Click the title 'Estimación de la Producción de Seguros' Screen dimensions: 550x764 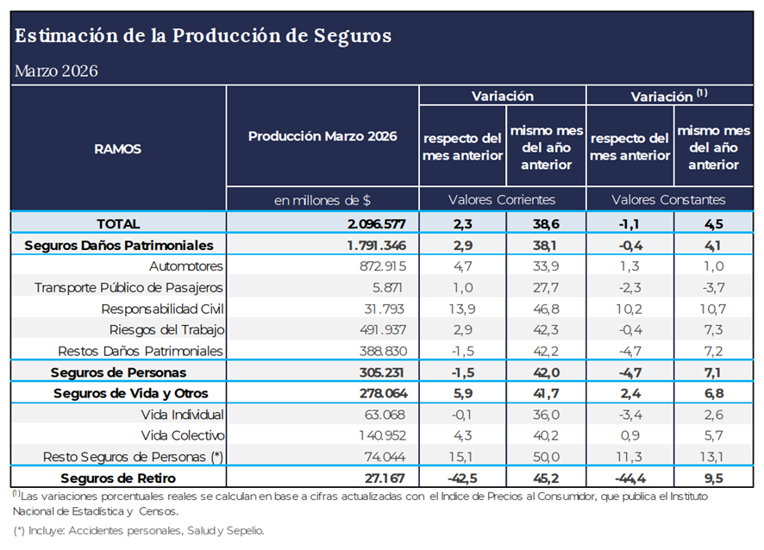(203, 36)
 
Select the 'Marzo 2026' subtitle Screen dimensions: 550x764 (56, 71)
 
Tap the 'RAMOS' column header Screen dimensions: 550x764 (118, 148)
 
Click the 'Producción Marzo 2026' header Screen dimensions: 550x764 (323, 136)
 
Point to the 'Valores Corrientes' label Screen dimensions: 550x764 (502, 199)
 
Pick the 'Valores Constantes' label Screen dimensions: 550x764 (668, 199)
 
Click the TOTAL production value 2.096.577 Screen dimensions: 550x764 (371, 223)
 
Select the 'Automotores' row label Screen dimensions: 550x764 (185, 266)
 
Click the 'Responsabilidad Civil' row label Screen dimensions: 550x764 (162, 309)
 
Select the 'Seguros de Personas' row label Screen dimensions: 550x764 (118, 372)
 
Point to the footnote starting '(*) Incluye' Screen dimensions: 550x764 (139, 531)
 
